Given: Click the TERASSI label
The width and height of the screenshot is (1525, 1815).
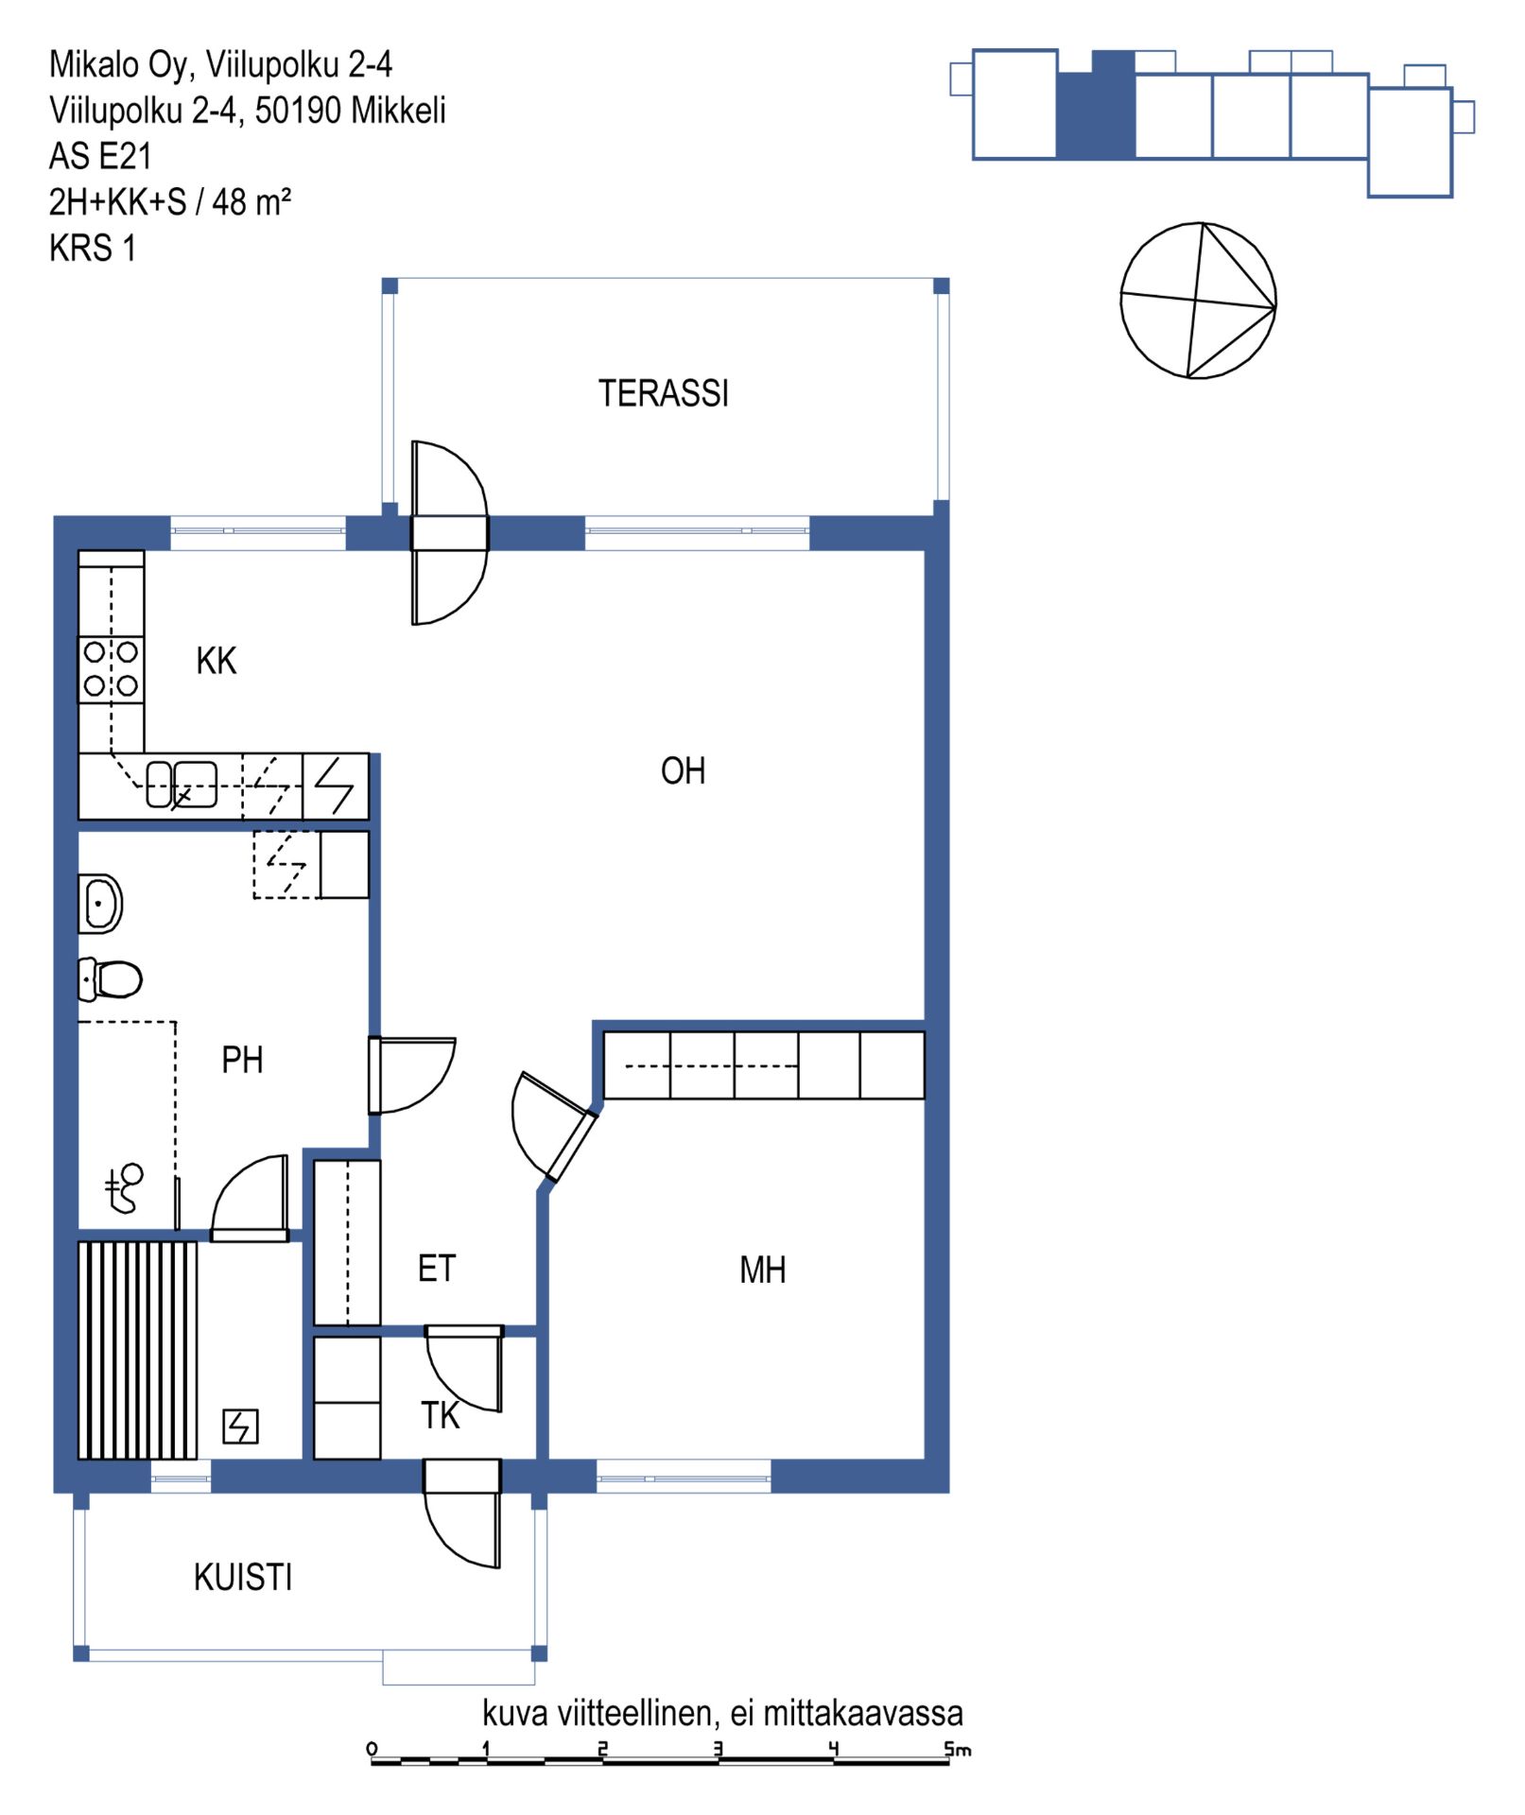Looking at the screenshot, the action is point(664,393).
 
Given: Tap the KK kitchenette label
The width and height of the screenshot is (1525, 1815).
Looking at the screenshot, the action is point(217,661).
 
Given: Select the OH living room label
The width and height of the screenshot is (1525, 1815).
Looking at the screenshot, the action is point(684,771).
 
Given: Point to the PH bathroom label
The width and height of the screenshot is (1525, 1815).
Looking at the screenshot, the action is point(242,1060).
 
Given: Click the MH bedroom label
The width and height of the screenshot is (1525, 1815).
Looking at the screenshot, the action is point(763,1270).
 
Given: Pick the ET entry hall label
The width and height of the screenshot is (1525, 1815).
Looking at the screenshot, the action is point(437,1268).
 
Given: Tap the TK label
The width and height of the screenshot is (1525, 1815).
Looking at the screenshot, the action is point(441,1415).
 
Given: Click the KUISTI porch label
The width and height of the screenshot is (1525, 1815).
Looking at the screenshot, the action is point(243,1577).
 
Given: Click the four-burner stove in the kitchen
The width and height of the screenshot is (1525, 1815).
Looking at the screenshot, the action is point(112,669).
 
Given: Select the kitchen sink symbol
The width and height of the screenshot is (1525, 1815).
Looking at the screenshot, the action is point(182,785).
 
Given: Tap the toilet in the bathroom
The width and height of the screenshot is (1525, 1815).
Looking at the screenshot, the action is point(110,979).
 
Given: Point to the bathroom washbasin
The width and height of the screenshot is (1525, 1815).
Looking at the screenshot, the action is point(100,904).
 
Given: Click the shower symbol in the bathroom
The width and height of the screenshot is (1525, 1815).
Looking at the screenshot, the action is point(124,1188).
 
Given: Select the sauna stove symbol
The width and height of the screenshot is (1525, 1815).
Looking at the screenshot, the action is point(240,1426).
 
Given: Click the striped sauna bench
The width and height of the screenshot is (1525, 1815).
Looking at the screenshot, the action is point(138,1351).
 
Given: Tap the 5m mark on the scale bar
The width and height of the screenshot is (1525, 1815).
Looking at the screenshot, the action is point(958,1749).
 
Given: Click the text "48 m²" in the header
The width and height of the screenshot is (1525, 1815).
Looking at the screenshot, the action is point(251,201).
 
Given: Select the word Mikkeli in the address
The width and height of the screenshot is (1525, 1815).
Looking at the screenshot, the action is point(398,110).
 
